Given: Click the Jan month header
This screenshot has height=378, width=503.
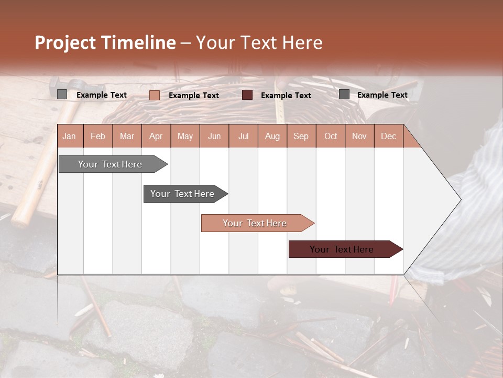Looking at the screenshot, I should tap(69, 136).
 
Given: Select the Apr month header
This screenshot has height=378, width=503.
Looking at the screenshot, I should tap(156, 136).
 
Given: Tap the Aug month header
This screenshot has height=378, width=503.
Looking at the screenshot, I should tap(272, 136).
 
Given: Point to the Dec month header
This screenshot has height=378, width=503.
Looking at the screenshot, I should tap(388, 136).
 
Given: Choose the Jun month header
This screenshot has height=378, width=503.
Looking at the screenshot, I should tap(214, 136).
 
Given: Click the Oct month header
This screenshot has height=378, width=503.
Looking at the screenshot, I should tap(331, 136).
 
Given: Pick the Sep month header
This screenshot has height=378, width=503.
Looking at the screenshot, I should tap(301, 136).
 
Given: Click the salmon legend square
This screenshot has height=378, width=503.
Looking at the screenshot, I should tap(154, 95).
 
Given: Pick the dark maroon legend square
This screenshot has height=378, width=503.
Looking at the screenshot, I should tap(247, 95).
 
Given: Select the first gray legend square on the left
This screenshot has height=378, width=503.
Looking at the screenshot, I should tap(62, 94).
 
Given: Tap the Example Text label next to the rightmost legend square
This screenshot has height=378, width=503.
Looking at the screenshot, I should tap(382, 95).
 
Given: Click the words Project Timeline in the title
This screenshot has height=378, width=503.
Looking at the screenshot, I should tap(105, 43).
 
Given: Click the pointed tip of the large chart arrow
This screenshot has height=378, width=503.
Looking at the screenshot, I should tap(460, 199).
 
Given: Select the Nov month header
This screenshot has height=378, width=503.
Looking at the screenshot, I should tap(359, 136).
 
